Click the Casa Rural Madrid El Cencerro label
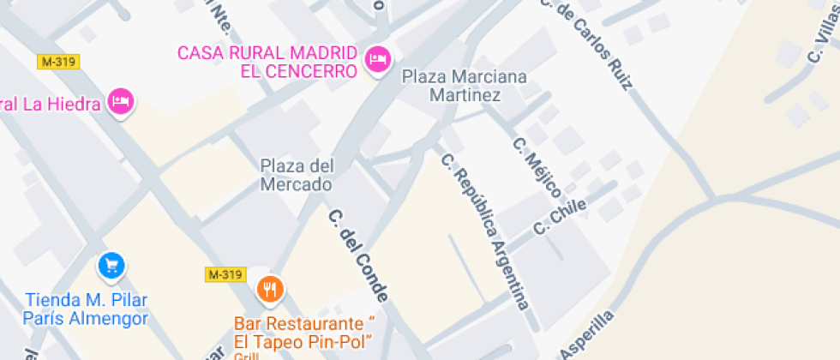pos(267,61)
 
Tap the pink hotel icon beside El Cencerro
pos(378,60)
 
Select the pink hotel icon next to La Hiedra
pos(122,102)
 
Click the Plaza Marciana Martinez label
pos(465,86)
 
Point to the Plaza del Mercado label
pos(297,175)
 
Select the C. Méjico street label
pos(537,167)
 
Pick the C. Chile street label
pos(560,216)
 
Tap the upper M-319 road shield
pos(59,62)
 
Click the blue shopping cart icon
pos(111,265)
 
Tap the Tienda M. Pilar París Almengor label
pos(87,309)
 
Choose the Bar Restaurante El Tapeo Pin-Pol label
pos(305,333)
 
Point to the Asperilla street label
pos(587,335)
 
